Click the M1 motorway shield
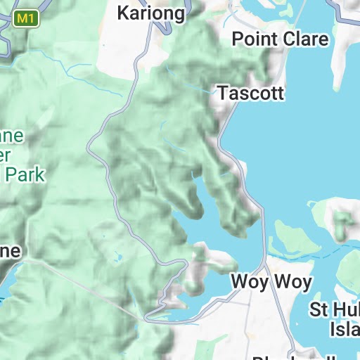click(x=26, y=19)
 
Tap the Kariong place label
click(x=151, y=13)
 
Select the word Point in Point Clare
click(x=255, y=39)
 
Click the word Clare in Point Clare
click(x=306, y=39)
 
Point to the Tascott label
click(x=250, y=93)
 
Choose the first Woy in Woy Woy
click(x=250, y=283)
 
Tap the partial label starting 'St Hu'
click(x=335, y=309)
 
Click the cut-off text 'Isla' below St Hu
click(x=344, y=328)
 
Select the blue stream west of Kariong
click(x=70, y=67)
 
